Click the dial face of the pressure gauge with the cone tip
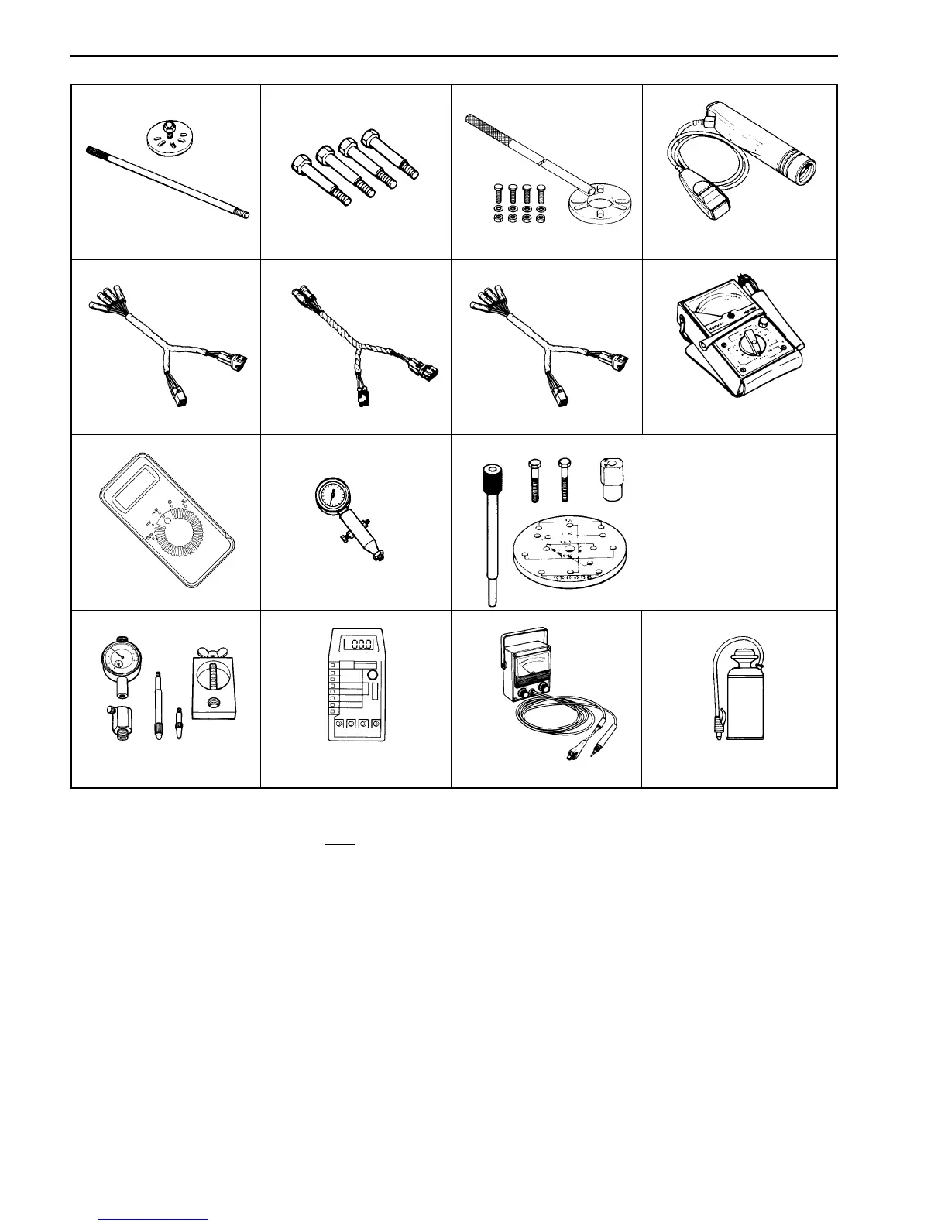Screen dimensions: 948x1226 point(333,495)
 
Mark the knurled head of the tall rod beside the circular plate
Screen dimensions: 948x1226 point(488,476)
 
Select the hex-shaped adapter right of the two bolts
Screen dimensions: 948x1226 point(611,480)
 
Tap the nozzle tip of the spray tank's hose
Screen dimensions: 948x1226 point(718,741)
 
